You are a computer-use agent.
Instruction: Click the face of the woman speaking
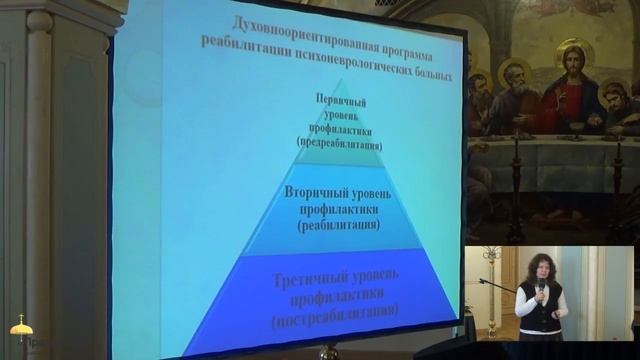[538, 270]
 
